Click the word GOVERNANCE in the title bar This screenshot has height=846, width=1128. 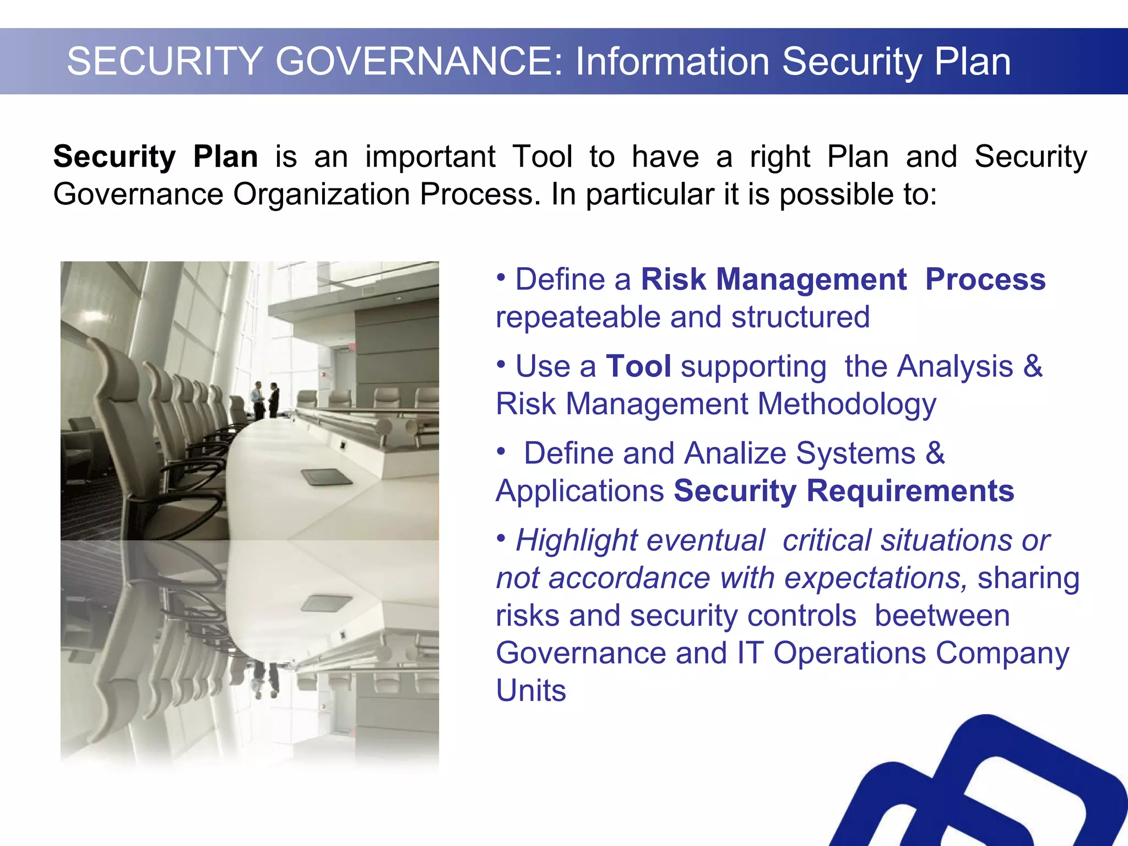pos(418,61)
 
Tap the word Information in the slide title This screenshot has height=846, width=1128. pos(673,61)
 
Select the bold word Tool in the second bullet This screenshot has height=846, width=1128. pos(638,366)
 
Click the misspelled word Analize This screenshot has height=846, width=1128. pos(735,453)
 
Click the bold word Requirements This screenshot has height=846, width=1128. pos(910,491)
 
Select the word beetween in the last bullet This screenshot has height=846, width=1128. pos(942,615)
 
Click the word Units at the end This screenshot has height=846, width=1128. pos(530,691)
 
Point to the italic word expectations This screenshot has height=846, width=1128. pos(876,578)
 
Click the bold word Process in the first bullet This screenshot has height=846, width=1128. pos(985,279)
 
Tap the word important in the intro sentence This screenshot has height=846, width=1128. pos(430,156)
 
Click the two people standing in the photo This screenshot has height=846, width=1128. pos(266,399)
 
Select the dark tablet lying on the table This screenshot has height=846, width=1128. pos(326,476)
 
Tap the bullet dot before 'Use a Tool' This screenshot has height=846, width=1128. pos(501,365)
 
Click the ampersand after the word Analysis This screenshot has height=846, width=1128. pos(1033,366)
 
